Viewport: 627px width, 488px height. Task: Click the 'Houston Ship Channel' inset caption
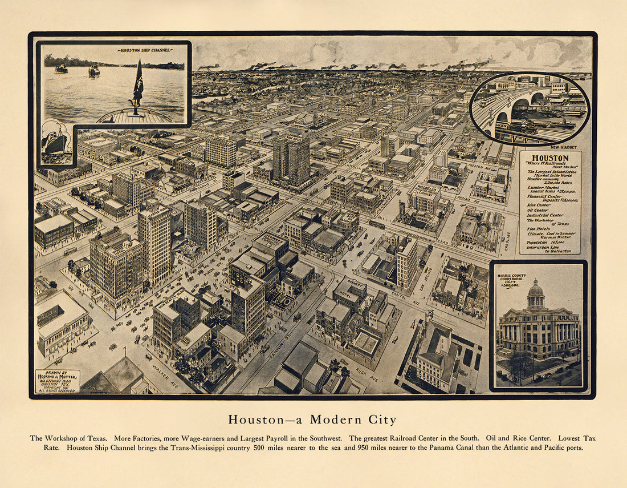click(x=145, y=51)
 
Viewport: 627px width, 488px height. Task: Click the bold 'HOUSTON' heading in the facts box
click(x=550, y=158)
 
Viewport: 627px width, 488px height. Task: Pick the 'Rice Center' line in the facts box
click(x=538, y=204)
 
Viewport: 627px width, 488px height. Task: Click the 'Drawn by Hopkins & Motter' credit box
click(x=58, y=381)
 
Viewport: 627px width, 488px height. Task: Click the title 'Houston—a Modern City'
click(x=312, y=420)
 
